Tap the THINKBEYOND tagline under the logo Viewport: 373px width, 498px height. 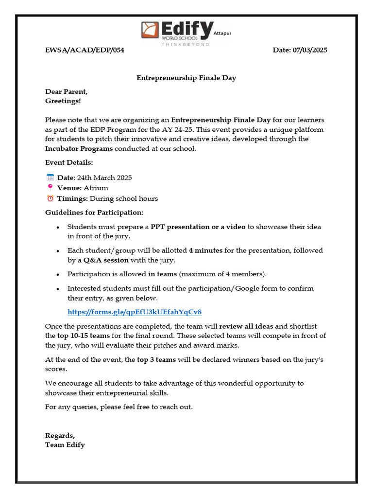tap(186, 44)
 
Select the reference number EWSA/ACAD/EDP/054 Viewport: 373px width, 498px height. tap(85, 51)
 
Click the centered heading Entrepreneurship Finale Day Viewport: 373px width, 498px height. tap(186, 78)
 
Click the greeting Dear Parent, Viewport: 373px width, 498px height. tap(67, 91)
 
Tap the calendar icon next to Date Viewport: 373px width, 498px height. tap(50, 178)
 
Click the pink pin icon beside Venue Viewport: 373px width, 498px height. tap(50, 188)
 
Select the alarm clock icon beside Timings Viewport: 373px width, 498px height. tap(50, 198)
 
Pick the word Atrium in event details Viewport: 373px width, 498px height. tap(96, 188)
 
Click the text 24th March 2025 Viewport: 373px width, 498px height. tap(104, 178)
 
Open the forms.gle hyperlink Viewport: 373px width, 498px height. tap(135, 312)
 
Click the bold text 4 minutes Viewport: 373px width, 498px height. tap(205, 250)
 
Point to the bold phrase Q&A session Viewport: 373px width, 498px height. tap(106, 260)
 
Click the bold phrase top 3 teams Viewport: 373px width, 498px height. tap(157, 360)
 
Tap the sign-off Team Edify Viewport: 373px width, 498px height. tap(65, 445)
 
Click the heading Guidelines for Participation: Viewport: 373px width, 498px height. tap(94, 213)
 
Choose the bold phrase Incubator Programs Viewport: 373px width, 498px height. tap(79, 148)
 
